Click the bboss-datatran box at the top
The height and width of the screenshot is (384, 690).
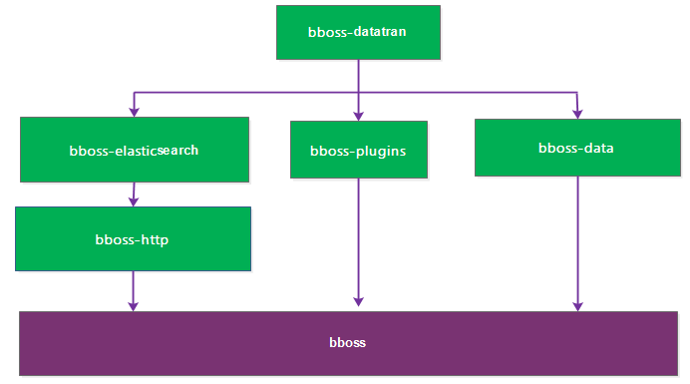coord(358,31)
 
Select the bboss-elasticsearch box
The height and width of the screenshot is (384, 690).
coord(135,150)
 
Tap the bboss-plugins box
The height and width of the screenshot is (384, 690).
coord(359,150)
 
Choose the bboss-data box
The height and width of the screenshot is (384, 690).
coord(575,148)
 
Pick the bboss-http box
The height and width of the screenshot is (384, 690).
coord(133,238)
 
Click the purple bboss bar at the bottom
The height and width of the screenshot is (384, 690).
coord(347,343)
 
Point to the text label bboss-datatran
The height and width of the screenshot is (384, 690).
coord(358,31)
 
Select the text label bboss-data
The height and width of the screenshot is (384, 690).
coord(575,149)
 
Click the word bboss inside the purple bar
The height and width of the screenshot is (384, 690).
coord(347,343)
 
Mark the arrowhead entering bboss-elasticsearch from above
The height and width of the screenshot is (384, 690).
coord(134,112)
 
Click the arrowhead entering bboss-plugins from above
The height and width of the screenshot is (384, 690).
coord(359,116)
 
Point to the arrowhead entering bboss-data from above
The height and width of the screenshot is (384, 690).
coord(576,113)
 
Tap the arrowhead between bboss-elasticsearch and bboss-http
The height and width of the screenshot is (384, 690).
coord(134,200)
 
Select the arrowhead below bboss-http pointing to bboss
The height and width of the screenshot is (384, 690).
coord(134,303)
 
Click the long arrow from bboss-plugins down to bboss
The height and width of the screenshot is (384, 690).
coord(359,239)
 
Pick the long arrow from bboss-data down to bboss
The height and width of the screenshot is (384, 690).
coord(577,239)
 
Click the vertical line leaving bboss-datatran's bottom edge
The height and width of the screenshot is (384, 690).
coord(358,75)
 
